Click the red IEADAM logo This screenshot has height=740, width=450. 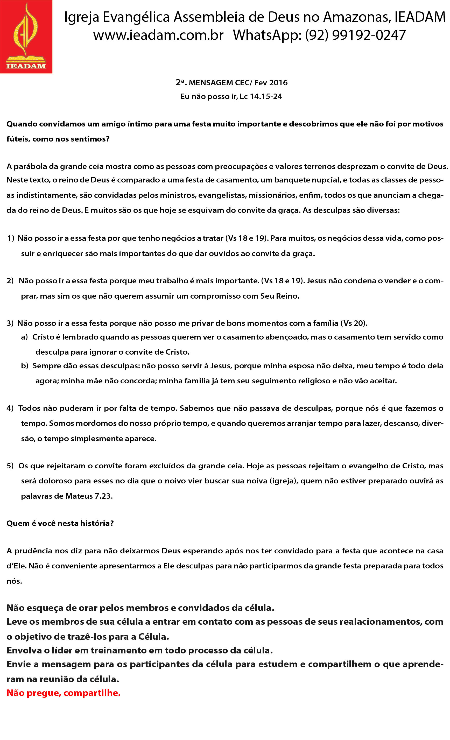26,37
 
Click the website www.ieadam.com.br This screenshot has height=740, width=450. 158,35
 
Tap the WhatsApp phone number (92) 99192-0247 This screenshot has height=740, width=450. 355,35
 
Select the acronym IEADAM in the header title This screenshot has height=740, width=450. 420,17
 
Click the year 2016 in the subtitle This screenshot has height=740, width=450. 278,83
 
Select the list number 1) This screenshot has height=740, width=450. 11,238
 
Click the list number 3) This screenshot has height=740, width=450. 10,323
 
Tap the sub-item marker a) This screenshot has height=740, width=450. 24,337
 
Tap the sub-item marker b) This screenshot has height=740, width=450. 25,366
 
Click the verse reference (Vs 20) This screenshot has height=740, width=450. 354,323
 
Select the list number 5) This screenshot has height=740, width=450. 10,466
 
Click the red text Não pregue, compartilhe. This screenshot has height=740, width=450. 64,693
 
